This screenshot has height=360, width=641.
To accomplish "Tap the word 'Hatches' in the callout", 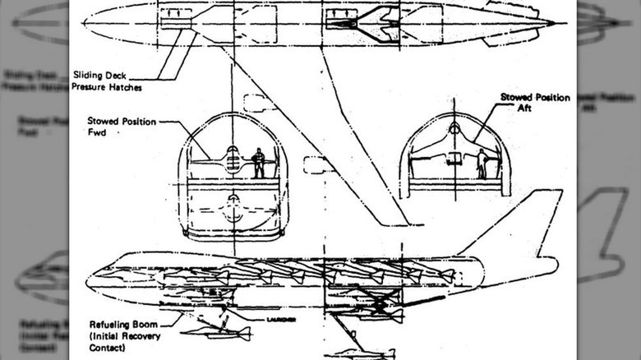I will [x=124, y=85].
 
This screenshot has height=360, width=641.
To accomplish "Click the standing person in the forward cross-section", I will [x=259, y=162].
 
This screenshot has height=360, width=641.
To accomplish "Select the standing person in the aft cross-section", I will [x=481, y=164].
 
